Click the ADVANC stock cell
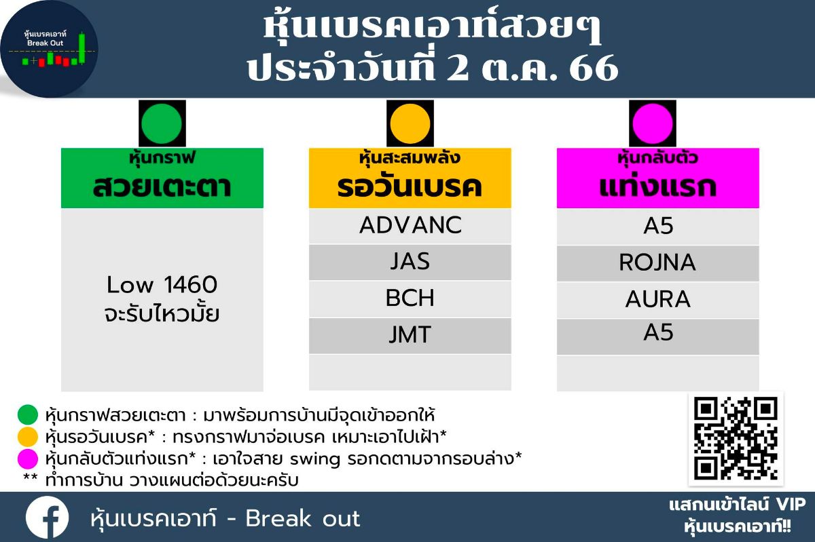click(410, 226)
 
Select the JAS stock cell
click(410, 262)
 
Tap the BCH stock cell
click(410, 298)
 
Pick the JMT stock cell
click(410, 336)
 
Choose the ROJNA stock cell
click(658, 263)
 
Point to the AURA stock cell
click(658, 300)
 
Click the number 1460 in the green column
click(191, 284)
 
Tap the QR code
click(736, 439)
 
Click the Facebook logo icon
click(47, 517)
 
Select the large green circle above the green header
click(162, 123)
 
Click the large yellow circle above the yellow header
click(410, 123)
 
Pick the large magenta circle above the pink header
click(653, 123)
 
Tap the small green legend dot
click(28, 414)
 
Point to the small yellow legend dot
click(28, 437)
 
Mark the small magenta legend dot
click(28, 459)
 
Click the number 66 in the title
click(594, 68)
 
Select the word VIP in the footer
click(791, 505)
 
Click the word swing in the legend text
click(315, 460)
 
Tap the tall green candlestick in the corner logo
click(82, 48)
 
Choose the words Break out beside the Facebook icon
click(303, 518)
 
